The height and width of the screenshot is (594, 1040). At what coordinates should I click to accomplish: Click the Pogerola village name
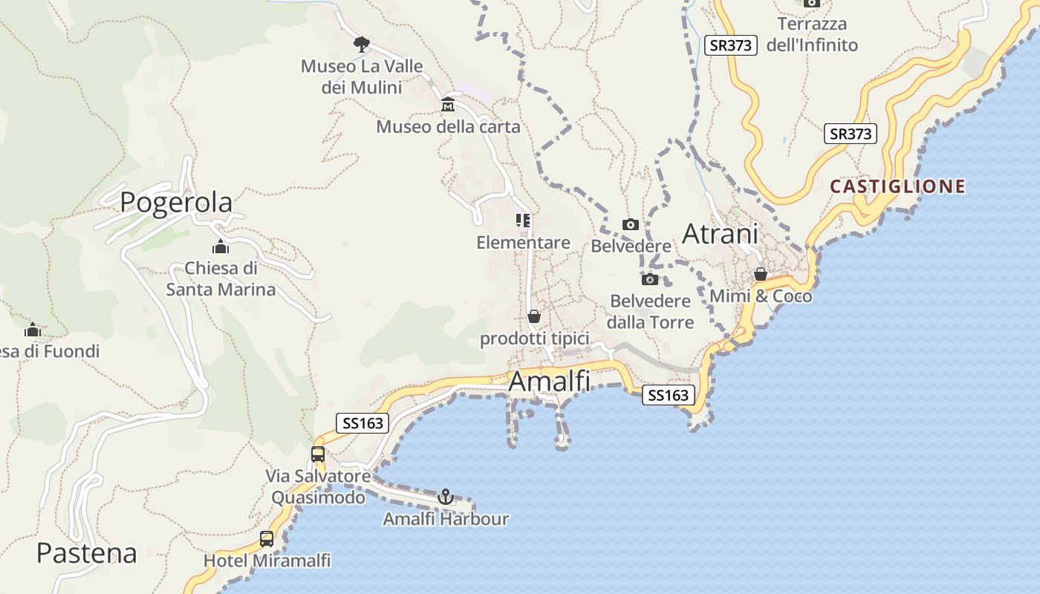click(x=176, y=202)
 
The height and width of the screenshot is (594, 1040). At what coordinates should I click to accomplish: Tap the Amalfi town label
click(x=549, y=382)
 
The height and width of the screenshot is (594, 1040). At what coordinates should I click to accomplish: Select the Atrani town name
click(x=720, y=234)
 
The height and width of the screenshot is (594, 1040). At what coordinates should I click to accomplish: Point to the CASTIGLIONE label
click(x=897, y=186)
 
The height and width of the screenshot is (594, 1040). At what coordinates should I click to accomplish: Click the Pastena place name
click(x=87, y=553)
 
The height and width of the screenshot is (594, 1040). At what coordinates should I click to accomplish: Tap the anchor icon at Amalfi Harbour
click(x=446, y=497)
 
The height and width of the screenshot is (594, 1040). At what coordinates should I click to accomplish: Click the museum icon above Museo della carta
click(x=448, y=104)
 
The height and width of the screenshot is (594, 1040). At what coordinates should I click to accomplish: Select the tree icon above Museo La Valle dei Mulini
click(x=361, y=45)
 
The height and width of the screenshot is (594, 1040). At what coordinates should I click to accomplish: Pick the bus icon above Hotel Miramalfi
click(x=267, y=539)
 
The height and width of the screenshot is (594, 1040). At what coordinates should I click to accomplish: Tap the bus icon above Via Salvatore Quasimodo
click(x=318, y=454)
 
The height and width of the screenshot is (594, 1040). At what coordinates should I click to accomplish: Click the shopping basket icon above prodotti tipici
click(x=534, y=317)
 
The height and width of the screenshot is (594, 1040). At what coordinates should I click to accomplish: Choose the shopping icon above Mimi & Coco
click(x=760, y=275)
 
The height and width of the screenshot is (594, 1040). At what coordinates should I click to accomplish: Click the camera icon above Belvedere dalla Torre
click(x=650, y=279)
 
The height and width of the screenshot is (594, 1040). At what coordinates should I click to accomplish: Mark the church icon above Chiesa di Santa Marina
click(x=220, y=247)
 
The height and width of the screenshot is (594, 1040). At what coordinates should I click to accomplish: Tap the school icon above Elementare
click(x=523, y=221)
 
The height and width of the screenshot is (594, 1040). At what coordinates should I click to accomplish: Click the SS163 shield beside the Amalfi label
click(x=669, y=396)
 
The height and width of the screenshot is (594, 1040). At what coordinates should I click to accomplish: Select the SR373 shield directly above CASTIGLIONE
click(x=851, y=134)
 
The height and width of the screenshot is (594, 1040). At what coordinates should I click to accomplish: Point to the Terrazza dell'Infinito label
click(x=811, y=34)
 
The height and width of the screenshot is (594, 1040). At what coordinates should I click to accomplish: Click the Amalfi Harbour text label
click(x=446, y=519)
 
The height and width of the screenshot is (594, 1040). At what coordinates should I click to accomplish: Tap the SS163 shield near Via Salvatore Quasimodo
click(x=363, y=423)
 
